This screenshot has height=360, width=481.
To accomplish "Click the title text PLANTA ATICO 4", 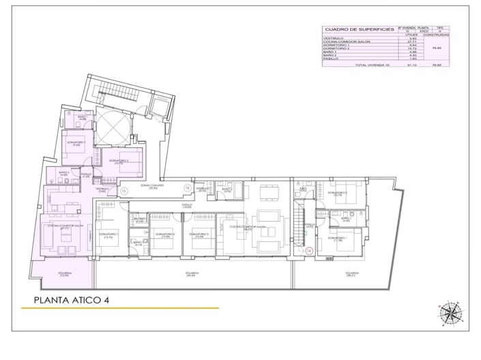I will pos(72,299).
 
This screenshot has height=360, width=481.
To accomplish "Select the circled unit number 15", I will pos(123,192).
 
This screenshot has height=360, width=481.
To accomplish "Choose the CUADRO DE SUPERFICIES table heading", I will pos(350,29).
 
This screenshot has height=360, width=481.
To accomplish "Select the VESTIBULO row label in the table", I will pos(334,38).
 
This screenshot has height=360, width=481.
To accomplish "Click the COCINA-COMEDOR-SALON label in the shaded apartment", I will pos(69,226).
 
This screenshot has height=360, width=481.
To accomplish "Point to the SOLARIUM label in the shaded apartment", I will pos(65,274).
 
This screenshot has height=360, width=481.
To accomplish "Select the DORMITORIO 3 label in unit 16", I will pos(201,234).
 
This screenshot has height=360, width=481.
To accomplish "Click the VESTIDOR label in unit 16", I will pos(201,189).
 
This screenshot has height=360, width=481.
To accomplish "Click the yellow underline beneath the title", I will pos(119,308).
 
